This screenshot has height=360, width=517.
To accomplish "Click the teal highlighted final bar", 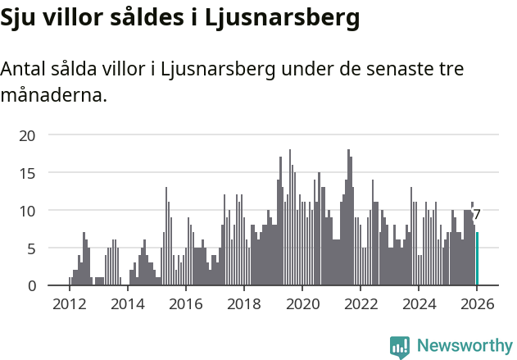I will tap(477, 259).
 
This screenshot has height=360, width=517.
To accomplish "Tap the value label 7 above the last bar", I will tap(477, 215).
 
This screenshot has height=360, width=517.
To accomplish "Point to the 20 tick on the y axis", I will tap(27, 135).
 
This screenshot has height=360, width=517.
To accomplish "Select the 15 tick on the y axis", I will tap(27, 173).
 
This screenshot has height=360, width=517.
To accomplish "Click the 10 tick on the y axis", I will tap(27, 211).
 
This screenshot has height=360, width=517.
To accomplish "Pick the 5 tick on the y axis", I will tap(31, 248).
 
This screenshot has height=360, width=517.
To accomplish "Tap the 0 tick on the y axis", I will tap(31, 286).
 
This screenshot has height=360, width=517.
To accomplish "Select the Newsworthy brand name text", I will tap(464, 346).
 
